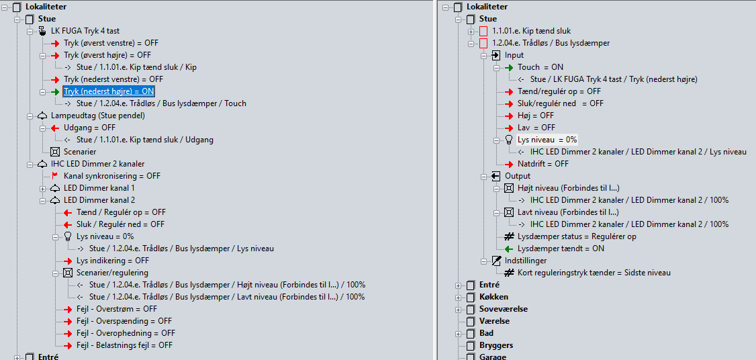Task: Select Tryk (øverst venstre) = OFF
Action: (x=111, y=43)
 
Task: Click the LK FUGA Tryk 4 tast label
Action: (x=85, y=31)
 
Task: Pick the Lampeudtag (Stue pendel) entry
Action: (x=97, y=116)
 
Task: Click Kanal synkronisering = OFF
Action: (x=112, y=176)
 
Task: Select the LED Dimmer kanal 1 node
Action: (x=99, y=188)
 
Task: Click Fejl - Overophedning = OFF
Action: (x=126, y=333)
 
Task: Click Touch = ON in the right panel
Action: (x=540, y=67)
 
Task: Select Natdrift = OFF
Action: (x=543, y=164)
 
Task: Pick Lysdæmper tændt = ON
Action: (x=561, y=249)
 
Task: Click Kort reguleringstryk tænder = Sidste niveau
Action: (x=594, y=273)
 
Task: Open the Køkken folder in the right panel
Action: (x=493, y=297)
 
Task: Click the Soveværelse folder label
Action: (x=503, y=309)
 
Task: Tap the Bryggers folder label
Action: (x=496, y=345)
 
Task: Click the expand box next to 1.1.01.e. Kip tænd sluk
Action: (x=471, y=31)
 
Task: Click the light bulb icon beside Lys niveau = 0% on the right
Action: (x=509, y=140)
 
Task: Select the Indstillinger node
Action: (x=526, y=261)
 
